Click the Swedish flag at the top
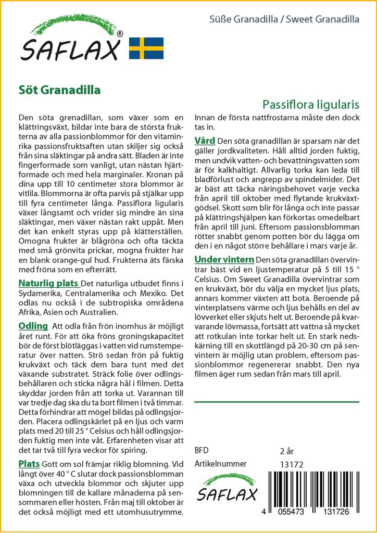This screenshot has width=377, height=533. [146, 48]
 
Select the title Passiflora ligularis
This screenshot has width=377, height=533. [310, 104]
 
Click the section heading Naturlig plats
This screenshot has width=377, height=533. [48, 283]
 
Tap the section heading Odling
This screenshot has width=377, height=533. [33, 326]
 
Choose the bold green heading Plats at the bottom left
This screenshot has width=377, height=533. [29, 463]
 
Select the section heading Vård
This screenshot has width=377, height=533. [205, 141]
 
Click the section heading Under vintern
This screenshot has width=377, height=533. [224, 259]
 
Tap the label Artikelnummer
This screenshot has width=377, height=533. [220, 464]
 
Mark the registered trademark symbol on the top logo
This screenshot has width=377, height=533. [120, 34]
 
